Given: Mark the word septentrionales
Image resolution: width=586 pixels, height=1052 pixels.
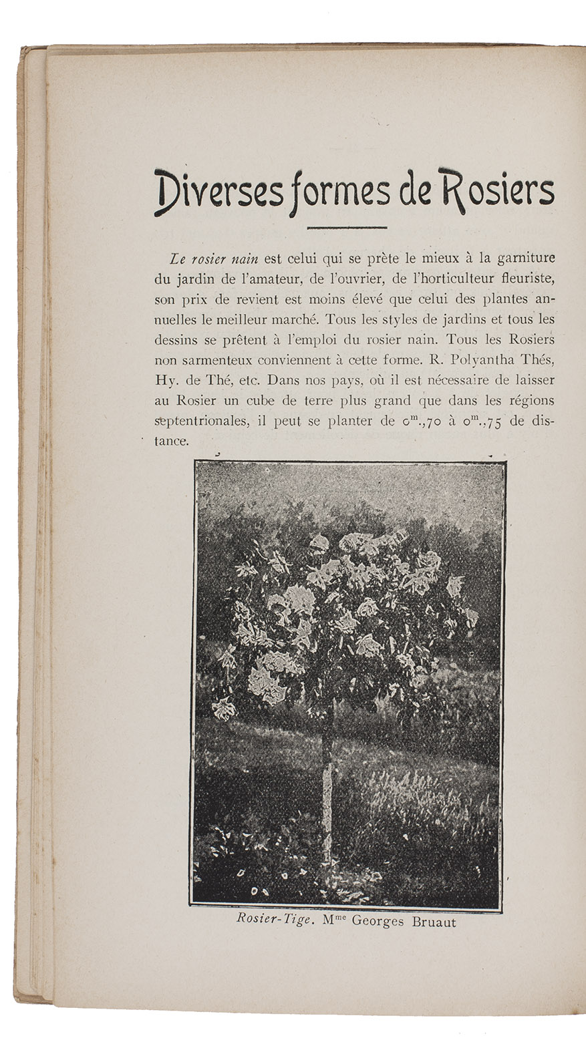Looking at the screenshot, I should tap(201, 422).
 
